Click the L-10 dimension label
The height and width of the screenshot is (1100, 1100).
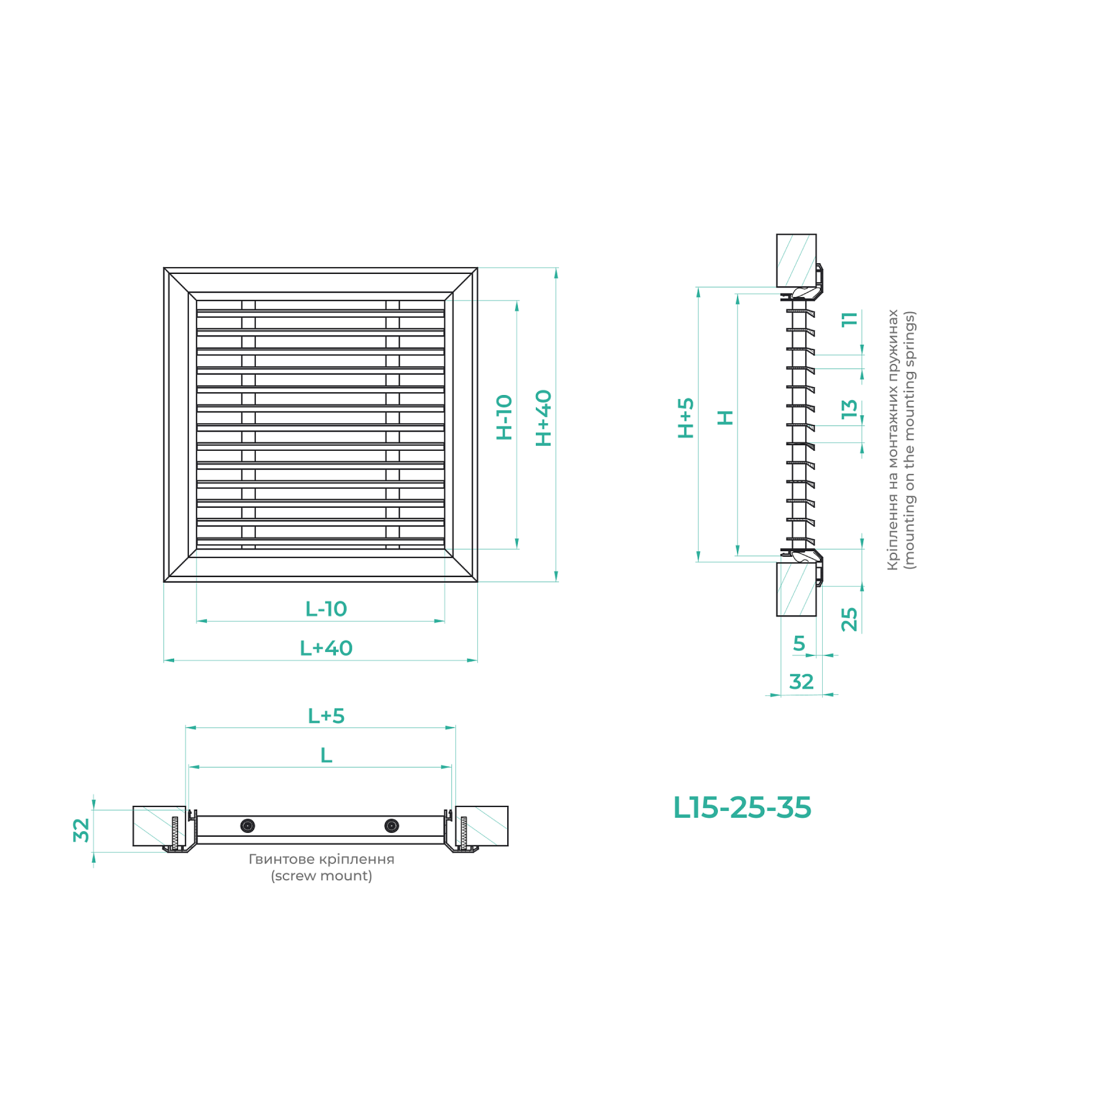tap(326, 609)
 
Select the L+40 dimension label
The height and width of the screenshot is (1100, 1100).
tap(326, 649)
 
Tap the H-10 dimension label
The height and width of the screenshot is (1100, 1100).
tap(504, 418)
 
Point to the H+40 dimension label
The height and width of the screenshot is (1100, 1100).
tap(544, 418)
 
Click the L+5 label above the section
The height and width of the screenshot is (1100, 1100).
tap(326, 716)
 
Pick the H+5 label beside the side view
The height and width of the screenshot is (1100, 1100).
tap(686, 418)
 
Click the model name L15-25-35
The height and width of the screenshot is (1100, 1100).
tap(742, 808)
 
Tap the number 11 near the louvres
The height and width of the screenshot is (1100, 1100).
tap(849, 319)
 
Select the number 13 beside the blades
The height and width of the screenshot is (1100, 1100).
tap(849, 408)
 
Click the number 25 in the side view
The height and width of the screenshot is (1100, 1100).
tap(849, 619)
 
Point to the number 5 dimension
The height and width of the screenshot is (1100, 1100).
tap(799, 644)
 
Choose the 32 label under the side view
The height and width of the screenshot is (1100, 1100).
tap(801, 681)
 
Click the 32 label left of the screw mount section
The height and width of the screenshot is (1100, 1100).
tap(81, 830)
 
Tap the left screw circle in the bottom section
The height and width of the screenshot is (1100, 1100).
tap(248, 826)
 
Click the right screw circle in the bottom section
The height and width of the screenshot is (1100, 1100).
tap(392, 826)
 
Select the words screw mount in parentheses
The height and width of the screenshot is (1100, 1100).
tap(321, 876)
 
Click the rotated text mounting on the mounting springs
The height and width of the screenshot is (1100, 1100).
tap(910, 440)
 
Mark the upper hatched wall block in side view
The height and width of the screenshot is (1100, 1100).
tap(796, 260)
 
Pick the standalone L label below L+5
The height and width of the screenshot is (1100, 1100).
tap(326, 756)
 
